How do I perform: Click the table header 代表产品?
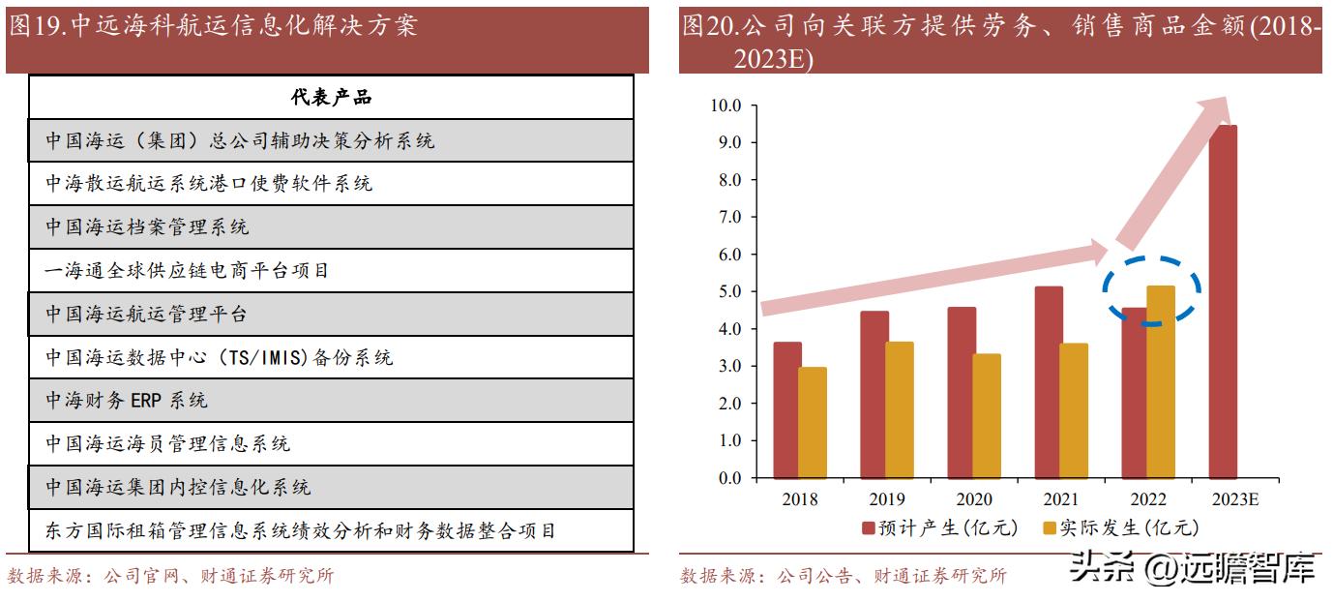331,97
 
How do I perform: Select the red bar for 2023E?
1223,302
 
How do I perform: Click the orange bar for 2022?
1161,382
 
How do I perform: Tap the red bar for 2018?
787,410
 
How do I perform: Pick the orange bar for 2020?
987,416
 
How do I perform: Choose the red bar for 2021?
1049,382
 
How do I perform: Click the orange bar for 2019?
900,410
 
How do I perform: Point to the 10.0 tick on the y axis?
726,105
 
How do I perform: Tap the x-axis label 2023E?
1235,499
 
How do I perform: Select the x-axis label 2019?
887,499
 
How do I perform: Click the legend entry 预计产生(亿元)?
940,527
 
